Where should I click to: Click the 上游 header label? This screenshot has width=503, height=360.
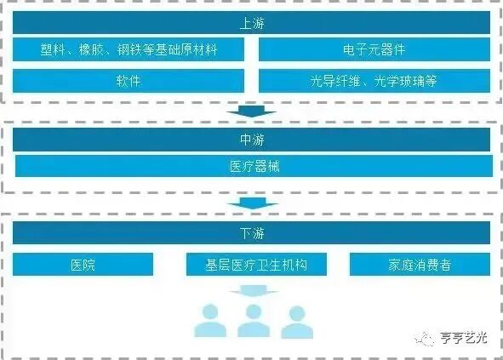click(x=252, y=21)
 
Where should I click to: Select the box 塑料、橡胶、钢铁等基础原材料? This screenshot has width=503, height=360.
click(x=129, y=49)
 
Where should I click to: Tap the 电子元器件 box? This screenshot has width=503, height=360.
click(x=374, y=49)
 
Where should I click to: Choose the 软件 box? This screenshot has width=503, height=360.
click(x=129, y=81)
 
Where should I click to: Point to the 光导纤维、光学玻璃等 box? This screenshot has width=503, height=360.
click(x=374, y=81)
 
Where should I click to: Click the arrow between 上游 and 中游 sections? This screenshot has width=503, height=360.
click(x=253, y=111)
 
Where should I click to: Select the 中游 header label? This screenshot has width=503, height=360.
click(x=252, y=140)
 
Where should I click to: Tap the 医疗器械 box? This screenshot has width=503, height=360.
click(x=253, y=166)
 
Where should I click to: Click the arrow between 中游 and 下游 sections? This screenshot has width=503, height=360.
click(x=253, y=203)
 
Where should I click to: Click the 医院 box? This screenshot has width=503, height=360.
click(x=83, y=265)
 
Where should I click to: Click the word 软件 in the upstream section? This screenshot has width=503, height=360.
click(x=129, y=81)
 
